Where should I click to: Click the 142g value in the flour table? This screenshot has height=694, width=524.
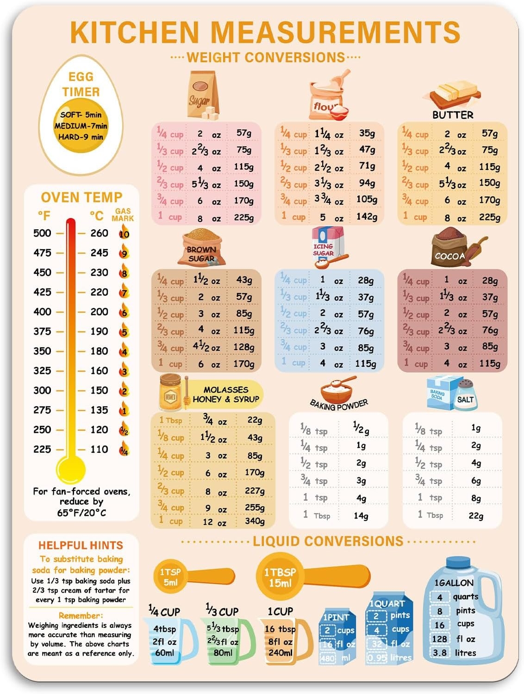click(367, 217)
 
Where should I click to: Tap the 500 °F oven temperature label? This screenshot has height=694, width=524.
click(42, 233)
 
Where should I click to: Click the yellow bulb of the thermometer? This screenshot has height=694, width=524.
click(70, 469)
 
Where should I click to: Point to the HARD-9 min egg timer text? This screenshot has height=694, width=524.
click(81, 137)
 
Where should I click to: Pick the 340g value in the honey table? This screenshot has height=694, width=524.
click(255, 521)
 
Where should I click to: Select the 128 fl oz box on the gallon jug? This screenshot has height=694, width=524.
click(440, 639)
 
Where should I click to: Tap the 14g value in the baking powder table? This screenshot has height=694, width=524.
click(361, 515)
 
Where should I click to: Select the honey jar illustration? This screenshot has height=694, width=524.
click(170, 393)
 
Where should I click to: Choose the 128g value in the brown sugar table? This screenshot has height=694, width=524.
click(243, 347)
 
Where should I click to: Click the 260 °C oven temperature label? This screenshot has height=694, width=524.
click(99, 233)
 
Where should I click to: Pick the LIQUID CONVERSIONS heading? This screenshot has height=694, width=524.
click(328, 541)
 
